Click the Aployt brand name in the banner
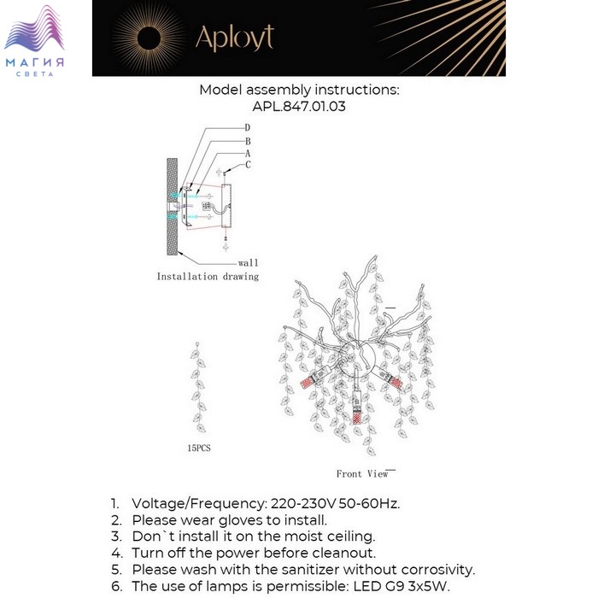pyautogui.click(x=234, y=37)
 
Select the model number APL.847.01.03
pyautogui.click(x=299, y=107)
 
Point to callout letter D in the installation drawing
pyautogui.click(x=247, y=128)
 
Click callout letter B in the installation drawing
pyautogui.click(x=247, y=141)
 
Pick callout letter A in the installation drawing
pyautogui.click(x=247, y=153)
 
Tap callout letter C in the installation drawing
pyautogui.click(x=248, y=165)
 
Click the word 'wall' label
pyautogui.click(x=248, y=263)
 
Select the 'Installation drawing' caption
pyautogui.click(x=208, y=277)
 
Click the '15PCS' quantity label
pyautogui.click(x=198, y=448)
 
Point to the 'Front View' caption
pyautogui.click(x=362, y=473)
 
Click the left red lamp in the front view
pyautogui.click(x=308, y=383)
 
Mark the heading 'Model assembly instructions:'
pyautogui.click(x=299, y=90)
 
